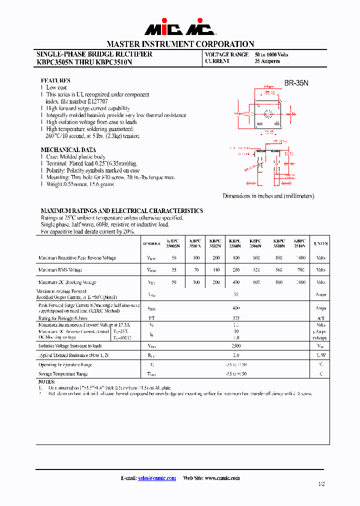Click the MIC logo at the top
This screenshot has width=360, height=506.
click(x=180, y=29)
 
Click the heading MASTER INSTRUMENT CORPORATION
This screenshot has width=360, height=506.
click(x=180, y=44)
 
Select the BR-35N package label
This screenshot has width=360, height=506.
click(x=296, y=83)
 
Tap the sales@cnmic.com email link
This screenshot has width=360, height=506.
click(x=157, y=478)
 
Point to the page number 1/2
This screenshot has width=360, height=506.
click(x=321, y=484)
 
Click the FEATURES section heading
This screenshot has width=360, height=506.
click(x=55, y=80)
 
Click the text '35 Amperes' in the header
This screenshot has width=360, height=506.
click(x=267, y=61)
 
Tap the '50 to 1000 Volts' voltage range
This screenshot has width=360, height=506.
click(x=271, y=54)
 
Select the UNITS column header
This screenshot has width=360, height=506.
click(x=320, y=243)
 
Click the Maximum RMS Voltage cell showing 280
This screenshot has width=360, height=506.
click(x=235, y=270)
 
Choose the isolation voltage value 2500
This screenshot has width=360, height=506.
click(x=236, y=345)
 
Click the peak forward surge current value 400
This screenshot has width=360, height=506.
click(x=236, y=308)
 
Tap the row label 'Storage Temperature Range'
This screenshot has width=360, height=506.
click(x=63, y=373)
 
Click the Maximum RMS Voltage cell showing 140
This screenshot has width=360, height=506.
click(x=216, y=270)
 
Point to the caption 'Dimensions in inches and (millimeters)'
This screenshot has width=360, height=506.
click(x=268, y=196)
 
